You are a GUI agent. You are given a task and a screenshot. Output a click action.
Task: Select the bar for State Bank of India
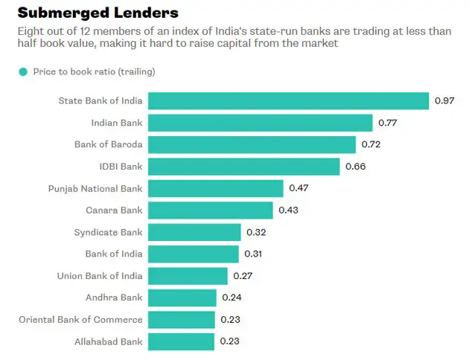click(x=289, y=101)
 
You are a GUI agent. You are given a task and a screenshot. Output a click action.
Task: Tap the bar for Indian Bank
click(x=261, y=123)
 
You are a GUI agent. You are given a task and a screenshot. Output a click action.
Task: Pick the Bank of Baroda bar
click(x=252, y=144)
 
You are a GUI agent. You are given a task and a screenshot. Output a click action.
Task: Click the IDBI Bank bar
click(x=244, y=167)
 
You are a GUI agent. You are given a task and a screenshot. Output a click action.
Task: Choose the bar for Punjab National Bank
click(x=216, y=188)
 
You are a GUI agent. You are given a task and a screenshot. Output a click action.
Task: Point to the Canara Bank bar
click(x=211, y=210)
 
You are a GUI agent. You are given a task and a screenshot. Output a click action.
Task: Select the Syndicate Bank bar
click(x=195, y=232)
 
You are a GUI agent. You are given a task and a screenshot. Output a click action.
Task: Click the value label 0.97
click(x=445, y=101)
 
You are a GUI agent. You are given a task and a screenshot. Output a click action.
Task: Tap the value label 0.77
click(x=389, y=123)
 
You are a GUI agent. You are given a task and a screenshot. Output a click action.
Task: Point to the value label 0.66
click(x=356, y=167)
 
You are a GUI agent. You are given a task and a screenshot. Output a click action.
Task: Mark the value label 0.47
click(x=299, y=188)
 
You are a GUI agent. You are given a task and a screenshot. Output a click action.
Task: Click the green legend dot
click(x=23, y=71)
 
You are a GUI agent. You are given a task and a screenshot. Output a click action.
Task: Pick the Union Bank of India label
click(x=100, y=276)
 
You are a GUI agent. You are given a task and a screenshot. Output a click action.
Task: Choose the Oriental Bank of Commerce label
click(x=80, y=320)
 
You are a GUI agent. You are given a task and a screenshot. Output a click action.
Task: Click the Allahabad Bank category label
click(x=109, y=342)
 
